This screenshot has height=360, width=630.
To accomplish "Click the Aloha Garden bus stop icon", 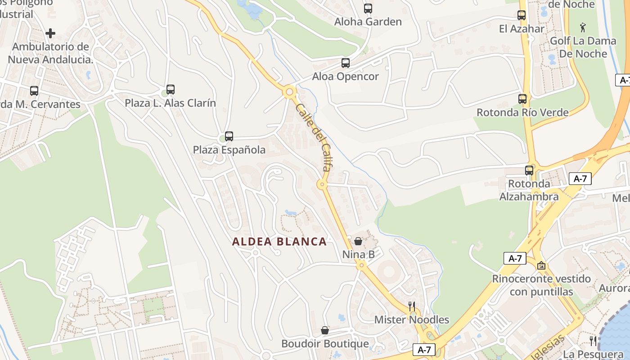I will click(x=368, y=8).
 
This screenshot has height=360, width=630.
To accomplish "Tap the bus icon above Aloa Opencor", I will click(x=346, y=63).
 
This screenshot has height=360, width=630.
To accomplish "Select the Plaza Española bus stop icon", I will click(x=229, y=136).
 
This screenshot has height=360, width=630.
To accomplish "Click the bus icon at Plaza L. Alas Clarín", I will click(x=170, y=90).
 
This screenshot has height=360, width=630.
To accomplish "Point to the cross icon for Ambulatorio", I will click(x=50, y=33).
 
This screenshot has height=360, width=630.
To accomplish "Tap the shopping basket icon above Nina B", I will click(x=358, y=241).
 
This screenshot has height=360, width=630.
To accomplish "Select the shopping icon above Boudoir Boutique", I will click(x=325, y=330).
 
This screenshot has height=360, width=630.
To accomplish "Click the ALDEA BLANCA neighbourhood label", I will click(x=279, y=242).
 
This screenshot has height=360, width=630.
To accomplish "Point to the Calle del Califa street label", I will click(x=314, y=137).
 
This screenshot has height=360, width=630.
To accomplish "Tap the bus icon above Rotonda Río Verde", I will click(x=522, y=99).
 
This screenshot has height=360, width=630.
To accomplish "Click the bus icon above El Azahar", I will click(x=522, y=15).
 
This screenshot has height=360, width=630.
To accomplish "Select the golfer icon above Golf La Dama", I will click(x=583, y=27).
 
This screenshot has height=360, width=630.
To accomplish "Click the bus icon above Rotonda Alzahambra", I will click(x=529, y=171).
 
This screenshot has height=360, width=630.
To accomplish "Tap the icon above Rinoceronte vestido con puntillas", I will click(x=541, y=265).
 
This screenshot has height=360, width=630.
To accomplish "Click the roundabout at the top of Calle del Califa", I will click(x=289, y=92).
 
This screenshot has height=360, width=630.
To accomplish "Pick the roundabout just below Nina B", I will click(x=360, y=265).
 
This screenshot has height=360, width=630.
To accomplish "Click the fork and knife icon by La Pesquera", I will click(x=593, y=341).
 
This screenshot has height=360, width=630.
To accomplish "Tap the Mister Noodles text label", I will click(x=412, y=320).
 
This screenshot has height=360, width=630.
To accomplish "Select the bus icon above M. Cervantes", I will click(x=34, y=91).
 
